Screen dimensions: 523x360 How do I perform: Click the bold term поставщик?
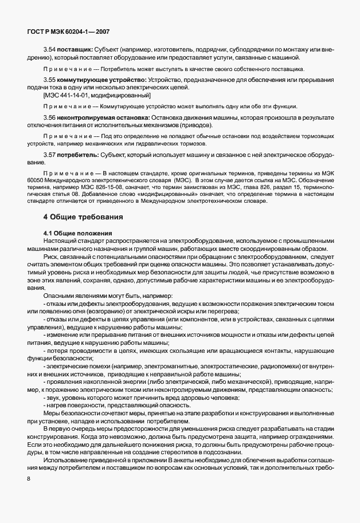(x=75, y=50)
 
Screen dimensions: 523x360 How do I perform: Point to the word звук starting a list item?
(x=53, y=397)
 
